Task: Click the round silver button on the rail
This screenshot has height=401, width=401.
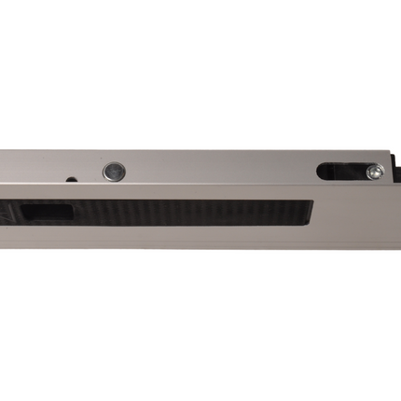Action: pyautogui.click(x=112, y=172)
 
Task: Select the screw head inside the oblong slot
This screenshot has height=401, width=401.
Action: pyautogui.click(x=373, y=171)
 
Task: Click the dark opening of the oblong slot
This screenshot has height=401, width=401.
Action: pyautogui.click(x=340, y=171)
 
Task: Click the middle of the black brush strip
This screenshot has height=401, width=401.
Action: pyautogui.click(x=168, y=213)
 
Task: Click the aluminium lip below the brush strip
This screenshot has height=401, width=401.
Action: pyautogui.click(x=168, y=237)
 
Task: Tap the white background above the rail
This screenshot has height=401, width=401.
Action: pyautogui.click(x=200, y=75)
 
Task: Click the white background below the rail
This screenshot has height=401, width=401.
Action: pyautogui.click(x=200, y=326)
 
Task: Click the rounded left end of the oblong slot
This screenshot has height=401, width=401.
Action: pyautogui.click(x=321, y=172)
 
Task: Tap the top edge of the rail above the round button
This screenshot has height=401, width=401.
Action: pyautogui.click(x=112, y=153)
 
